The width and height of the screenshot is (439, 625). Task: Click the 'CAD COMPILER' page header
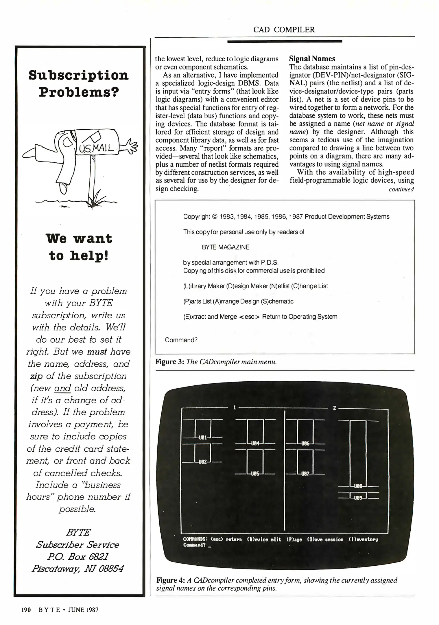284,30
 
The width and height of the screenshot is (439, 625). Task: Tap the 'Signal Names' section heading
312,59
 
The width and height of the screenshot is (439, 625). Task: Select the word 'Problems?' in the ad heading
79,92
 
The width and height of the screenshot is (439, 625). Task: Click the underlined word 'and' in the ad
62,388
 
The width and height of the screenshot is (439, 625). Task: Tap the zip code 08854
111,569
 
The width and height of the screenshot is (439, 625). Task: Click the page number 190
26,610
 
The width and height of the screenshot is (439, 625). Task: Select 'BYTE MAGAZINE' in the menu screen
225,247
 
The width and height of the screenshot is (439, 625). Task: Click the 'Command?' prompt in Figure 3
181,340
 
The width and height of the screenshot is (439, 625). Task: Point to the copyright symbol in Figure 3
214,217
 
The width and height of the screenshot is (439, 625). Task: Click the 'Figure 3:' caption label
169,362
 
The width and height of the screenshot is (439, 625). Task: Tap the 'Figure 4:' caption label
171,580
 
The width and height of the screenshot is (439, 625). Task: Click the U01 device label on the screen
203,437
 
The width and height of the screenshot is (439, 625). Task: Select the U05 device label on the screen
255,474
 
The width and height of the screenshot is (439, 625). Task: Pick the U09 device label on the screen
358,498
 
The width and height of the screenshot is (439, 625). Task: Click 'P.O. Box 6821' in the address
78,556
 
